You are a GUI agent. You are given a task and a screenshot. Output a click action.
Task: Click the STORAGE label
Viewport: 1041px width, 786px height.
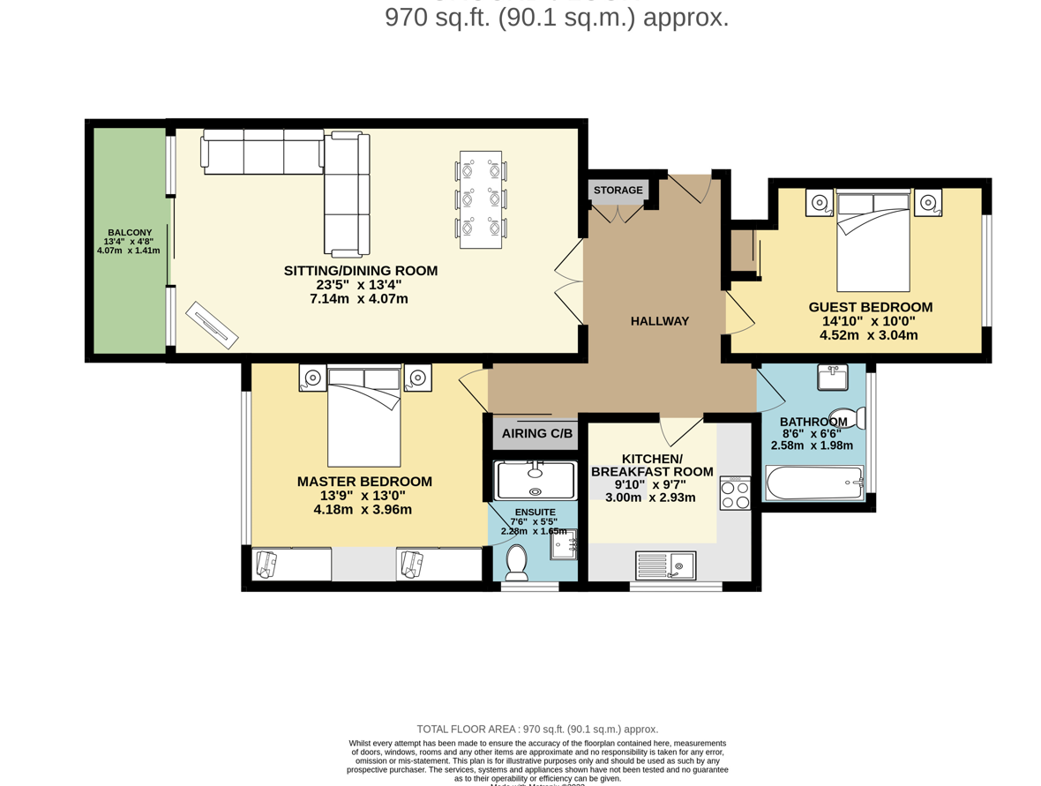tap(618, 190)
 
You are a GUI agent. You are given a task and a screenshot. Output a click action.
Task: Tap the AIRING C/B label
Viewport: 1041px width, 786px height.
tap(536, 433)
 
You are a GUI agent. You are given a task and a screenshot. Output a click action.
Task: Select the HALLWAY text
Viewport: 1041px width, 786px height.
tap(659, 321)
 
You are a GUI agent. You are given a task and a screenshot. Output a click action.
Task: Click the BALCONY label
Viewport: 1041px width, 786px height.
tap(129, 232)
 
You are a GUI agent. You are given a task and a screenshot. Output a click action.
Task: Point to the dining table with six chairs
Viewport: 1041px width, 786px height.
tap(481, 198)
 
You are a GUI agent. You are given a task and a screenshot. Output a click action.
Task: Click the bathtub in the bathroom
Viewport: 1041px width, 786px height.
tap(813, 483)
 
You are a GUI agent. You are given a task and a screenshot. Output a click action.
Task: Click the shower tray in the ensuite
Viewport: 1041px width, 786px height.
tap(535, 479)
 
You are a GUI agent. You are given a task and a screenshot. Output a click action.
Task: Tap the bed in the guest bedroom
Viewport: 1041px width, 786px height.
tap(872, 240)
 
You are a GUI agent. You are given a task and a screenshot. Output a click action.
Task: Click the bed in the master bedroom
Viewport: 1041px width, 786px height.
tap(363, 415)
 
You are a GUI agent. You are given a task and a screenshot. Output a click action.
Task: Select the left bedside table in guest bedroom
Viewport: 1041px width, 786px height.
tap(820, 202)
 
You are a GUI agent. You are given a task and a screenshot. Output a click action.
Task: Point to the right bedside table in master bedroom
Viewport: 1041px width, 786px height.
tap(417, 378)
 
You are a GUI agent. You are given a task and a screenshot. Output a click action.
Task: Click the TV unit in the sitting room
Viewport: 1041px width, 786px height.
tap(212, 325)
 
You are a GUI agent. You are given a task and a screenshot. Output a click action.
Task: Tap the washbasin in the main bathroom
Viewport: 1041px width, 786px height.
tap(832, 377)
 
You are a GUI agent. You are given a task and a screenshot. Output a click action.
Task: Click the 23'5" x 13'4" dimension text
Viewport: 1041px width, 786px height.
tap(359, 285)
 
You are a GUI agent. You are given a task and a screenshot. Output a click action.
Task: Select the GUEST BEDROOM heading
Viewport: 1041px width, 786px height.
tap(870, 307)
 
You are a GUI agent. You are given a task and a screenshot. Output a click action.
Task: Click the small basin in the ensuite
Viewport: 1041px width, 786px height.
tap(564, 544)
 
